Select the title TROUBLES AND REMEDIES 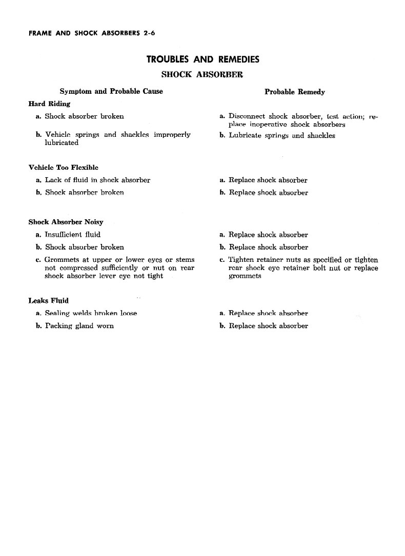coord(203,59)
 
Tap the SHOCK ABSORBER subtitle coord(202,74)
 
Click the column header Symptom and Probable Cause coord(111,91)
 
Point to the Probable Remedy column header coord(294,92)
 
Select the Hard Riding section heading coord(49,104)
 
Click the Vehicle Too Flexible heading coord(63,168)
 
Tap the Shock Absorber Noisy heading coord(66,222)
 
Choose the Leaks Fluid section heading coord(49,300)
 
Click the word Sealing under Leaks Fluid coord(57,313)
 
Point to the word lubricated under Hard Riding coord(62,143)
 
